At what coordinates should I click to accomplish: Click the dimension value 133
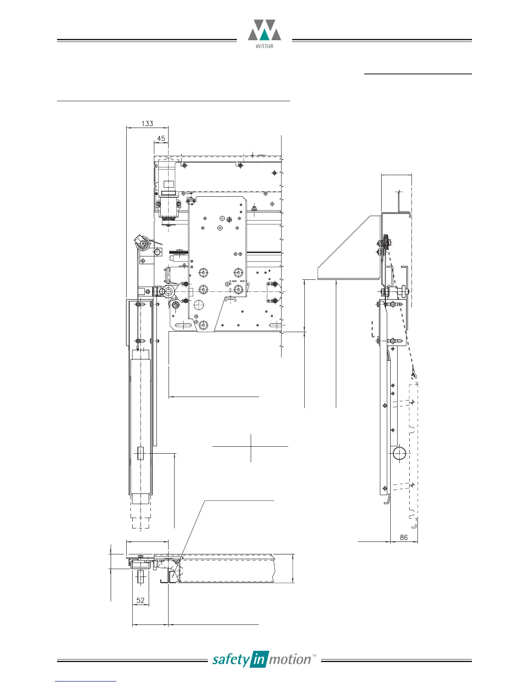147,124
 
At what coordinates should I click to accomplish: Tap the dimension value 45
161,139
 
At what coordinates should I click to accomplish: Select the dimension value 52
140,601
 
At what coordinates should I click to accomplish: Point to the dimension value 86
404,538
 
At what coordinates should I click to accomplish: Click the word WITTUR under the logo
264,46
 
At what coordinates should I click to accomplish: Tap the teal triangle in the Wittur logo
264,35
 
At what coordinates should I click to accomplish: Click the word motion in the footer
290,659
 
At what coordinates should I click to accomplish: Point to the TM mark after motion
315,656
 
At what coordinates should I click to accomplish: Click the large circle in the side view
399,454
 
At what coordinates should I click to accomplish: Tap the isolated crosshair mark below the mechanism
251,446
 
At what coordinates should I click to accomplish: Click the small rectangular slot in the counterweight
140,453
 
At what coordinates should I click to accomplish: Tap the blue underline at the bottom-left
86,681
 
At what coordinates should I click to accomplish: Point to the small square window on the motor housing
167,182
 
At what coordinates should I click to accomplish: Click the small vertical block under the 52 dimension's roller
140,577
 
